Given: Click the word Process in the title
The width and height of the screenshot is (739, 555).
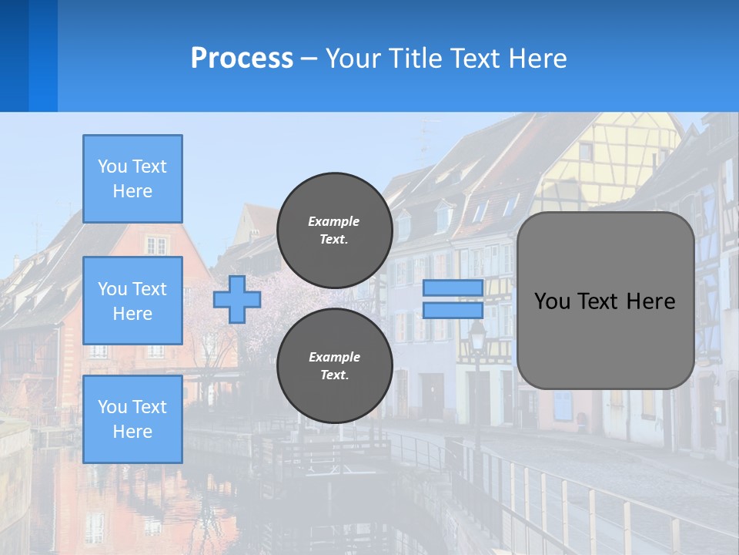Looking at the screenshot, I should tap(242, 58).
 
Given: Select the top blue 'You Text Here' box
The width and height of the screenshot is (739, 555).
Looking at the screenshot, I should tap(132, 179).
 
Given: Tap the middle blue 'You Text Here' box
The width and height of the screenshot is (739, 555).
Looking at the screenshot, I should tap(132, 301).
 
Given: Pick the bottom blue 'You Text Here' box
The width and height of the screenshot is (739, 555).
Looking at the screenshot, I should tap(132, 419).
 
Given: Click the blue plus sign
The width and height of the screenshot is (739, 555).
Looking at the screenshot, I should tap(236, 300).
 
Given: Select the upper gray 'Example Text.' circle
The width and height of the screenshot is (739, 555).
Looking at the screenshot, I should tap(334, 230).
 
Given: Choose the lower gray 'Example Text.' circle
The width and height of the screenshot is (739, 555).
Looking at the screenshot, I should tap(334, 365).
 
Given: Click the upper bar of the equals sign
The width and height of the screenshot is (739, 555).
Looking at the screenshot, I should tap(453, 288).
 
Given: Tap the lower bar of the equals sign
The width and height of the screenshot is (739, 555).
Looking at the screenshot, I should tap(453, 310).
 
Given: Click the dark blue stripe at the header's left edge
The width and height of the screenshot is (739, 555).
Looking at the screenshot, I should tap(14, 55).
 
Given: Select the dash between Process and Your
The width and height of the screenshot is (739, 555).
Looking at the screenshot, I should tap(309, 59).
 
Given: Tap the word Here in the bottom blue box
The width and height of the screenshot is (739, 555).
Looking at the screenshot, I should tap(132, 432).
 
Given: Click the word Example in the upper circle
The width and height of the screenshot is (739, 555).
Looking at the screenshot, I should tap(333, 221).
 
